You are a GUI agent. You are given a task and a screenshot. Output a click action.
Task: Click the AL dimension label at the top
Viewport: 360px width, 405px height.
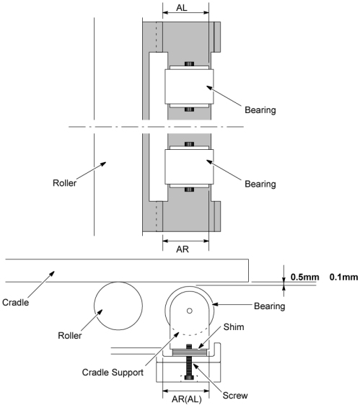[x=182, y=7]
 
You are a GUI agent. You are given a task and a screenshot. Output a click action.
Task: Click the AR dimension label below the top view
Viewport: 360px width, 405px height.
[x=183, y=249]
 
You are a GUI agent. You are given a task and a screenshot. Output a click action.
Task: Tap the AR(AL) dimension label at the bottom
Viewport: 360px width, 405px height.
[x=186, y=399]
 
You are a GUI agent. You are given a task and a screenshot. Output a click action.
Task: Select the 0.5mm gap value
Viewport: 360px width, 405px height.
[x=304, y=277]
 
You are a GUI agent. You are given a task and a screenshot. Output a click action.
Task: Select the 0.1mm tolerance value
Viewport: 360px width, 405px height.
[x=343, y=277]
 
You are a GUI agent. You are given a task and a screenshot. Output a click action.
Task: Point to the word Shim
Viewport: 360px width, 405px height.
[x=234, y=326]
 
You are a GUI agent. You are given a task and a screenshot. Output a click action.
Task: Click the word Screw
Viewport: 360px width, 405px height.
[x=235, y=396]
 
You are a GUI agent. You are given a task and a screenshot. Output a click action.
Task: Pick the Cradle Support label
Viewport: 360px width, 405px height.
[x=113, y=373]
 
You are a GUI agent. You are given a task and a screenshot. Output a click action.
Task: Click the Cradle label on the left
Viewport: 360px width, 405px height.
[x=16, y=302]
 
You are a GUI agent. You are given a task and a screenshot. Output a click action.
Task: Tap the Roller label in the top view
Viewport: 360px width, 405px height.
[x=64, y=183]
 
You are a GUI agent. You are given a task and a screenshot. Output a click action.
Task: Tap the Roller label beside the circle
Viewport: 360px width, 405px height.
[x=69, y=336]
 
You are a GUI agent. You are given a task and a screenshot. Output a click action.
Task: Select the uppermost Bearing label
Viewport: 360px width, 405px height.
[x=260, y=110]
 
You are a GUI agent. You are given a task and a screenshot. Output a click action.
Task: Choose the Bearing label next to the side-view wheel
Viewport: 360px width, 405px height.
[x=270, y=306]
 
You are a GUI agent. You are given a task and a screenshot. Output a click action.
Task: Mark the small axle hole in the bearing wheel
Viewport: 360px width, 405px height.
[x=189, y=311]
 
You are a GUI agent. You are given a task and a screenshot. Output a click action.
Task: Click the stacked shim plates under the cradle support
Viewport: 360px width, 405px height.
[x=189, y=352]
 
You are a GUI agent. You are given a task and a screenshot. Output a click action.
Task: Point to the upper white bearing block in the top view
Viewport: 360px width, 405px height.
[x=189, y=86]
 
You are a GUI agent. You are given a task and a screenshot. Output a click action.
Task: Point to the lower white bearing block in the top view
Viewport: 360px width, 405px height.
[x=189, y=167]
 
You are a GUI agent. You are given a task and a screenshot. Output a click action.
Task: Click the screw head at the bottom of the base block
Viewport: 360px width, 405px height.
[x=189, y=378]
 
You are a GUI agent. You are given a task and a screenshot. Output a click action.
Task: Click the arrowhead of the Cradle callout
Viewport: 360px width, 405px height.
[x=53, y=273]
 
